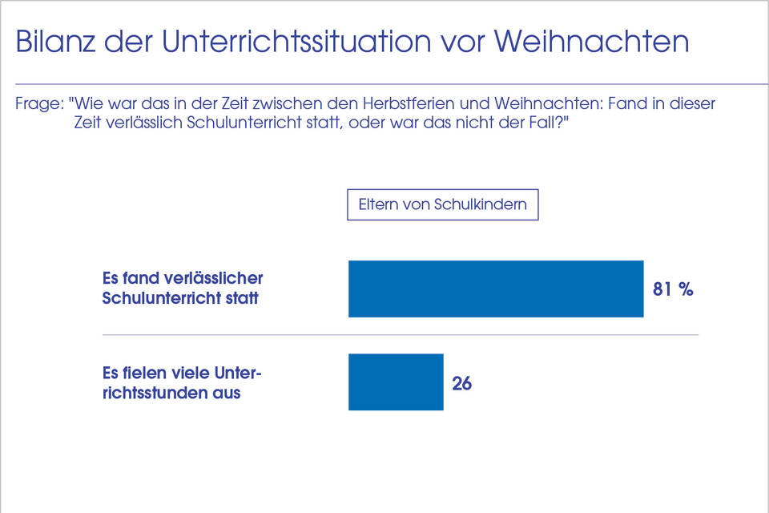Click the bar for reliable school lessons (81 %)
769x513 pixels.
[x=496, y=289]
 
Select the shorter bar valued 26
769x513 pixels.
[x=396, y=382]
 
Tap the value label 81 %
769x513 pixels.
[x=673, y=289]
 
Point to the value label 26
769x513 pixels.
[x=461, y=383]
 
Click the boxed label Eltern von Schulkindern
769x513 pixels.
[x=442, y=204]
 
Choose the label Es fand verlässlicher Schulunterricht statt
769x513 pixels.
[x=183, y=289]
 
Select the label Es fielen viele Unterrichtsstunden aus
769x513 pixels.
[x=183, y=383]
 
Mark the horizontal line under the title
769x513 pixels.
[x=384, y=83]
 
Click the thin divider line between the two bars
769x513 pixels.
[x=401, y=335]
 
